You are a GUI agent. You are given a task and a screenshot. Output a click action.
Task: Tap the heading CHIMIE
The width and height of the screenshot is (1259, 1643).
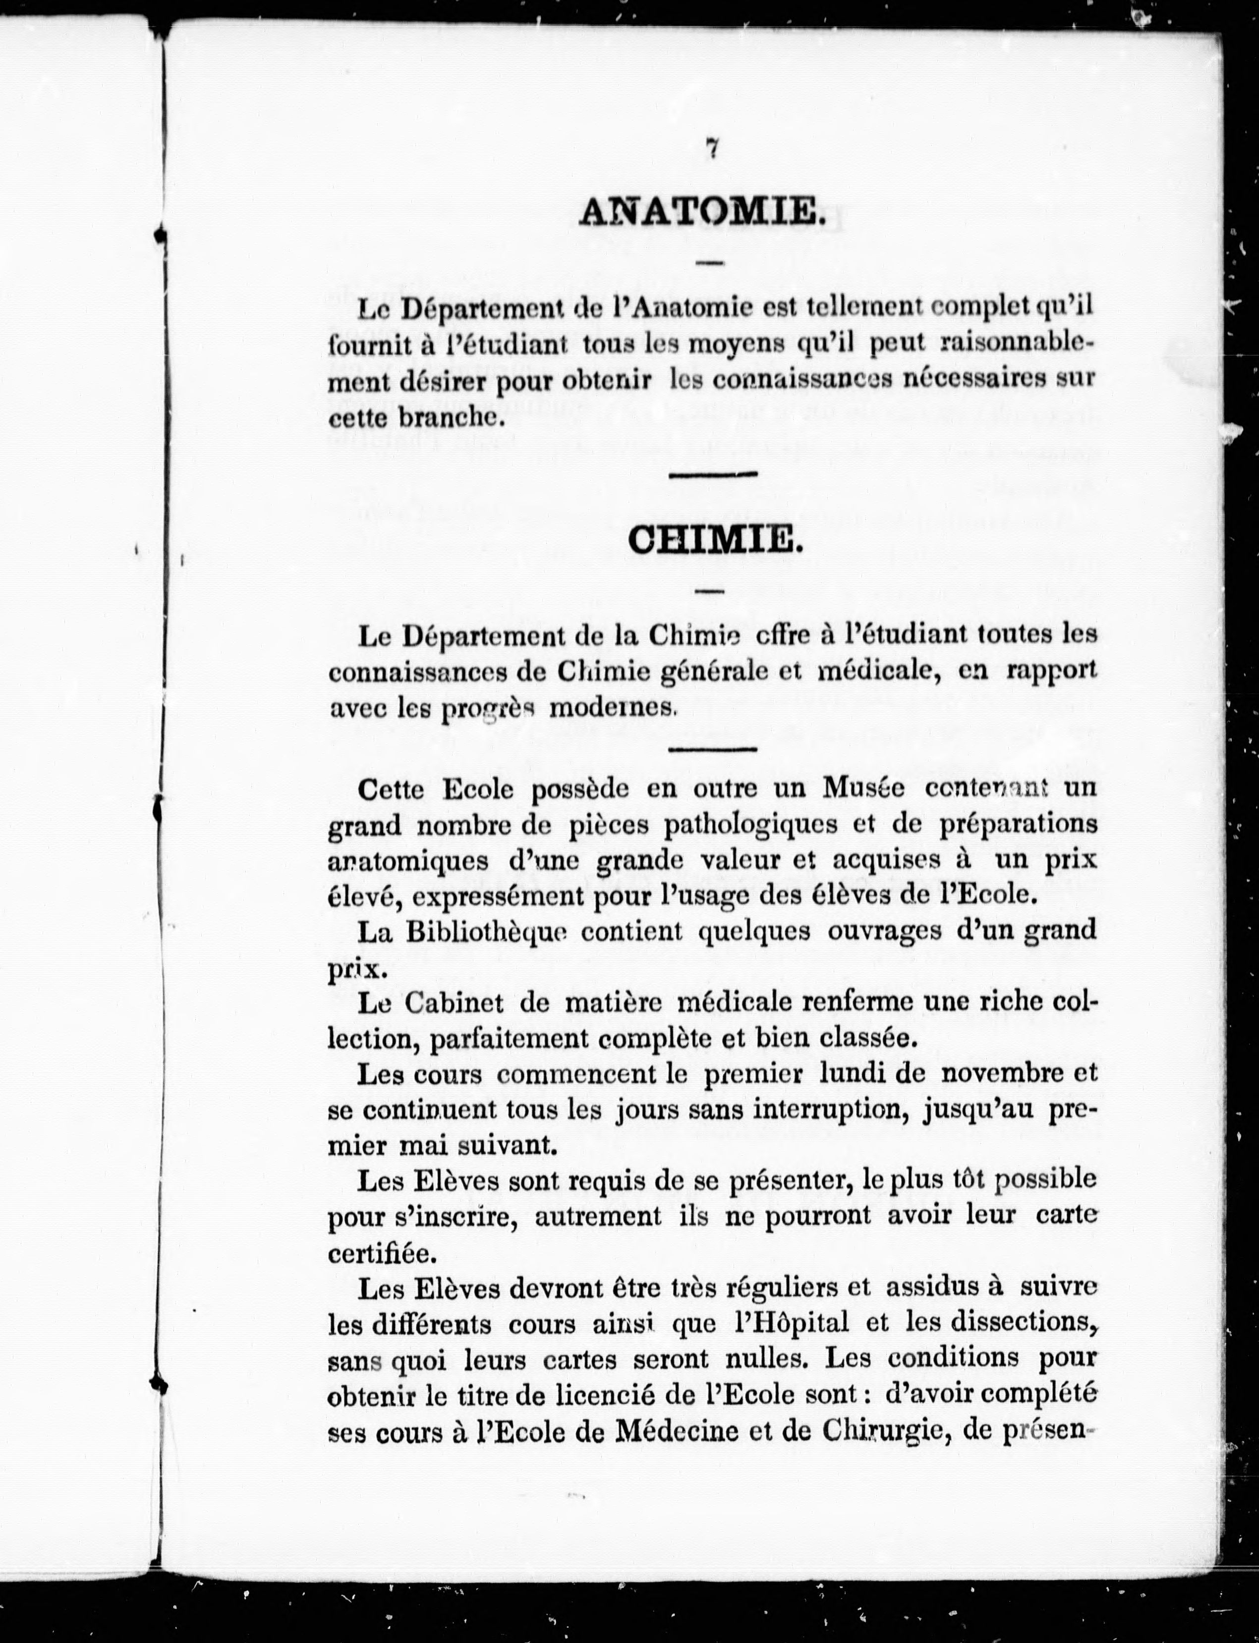(x=715, y=540)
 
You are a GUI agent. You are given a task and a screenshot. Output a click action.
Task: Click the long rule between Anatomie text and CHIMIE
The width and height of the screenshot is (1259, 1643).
(x=712, y=474)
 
